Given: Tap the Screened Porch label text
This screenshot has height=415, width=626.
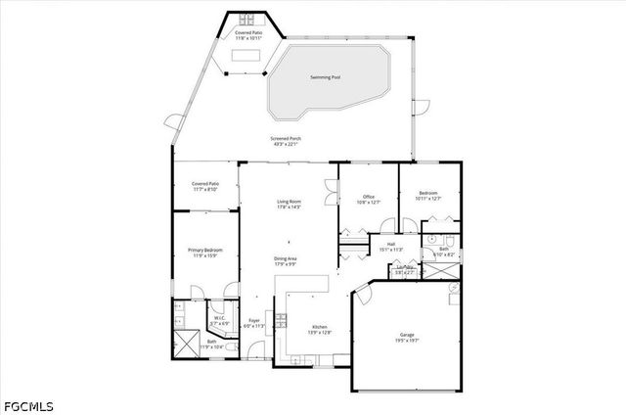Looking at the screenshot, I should [x=287, y=139].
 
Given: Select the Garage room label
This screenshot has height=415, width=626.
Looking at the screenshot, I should [x=406, y=336].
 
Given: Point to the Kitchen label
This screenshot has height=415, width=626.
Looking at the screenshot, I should [x=320, y=327].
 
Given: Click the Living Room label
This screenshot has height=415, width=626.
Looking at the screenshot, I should [x=288, y=202].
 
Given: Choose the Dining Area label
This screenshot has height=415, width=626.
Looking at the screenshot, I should [x=286, y=258].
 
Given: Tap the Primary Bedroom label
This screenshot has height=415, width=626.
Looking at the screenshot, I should [x=205, y=251].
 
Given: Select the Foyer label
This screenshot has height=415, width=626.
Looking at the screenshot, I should [x=254, y=320].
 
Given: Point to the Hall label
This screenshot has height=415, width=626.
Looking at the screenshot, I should [x=390, y=244].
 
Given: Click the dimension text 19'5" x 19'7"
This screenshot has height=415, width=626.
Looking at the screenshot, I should [x=406, y=342].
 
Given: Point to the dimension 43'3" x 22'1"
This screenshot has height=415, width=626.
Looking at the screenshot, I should [x=287, y=145].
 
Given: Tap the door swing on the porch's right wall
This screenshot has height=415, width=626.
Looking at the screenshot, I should [x=421, y=106].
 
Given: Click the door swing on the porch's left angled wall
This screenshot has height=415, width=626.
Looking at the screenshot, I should [x=175, y=124].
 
